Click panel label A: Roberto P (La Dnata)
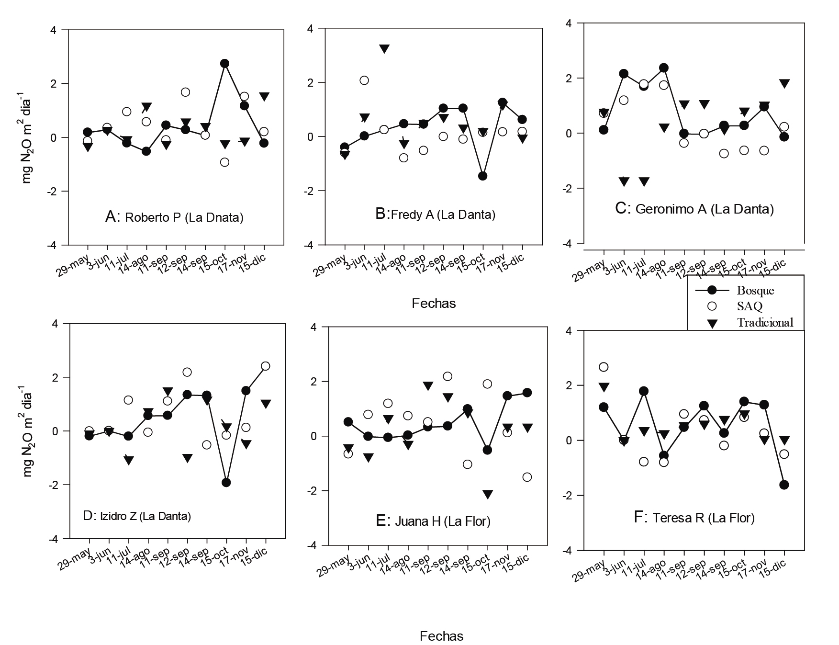pyautogui.click(x=174, y=217)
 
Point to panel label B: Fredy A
pyautogui.click(x=435, y=215)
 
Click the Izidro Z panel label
pyautogui.click(x=137, y=516)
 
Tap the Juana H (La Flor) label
pyautogui.click(x=433, y=521)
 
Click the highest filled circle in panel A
pyautogui.click(x=224, y=63)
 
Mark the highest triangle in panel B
pyautogui.click(x=384, y=48)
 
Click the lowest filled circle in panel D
pyautogui.click(x=226, y=482)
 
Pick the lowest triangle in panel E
pyautogui.click(x=487, y=495)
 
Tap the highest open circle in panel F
pyautogui.click(x=604, y=367)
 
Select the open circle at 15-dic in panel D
pyautogui.click(x=265, y=366)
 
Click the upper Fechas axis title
pyautogui.click(x=434, y=303)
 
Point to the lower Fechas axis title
pyautogui.click(x=441, y=636)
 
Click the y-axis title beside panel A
pyautogui.click(x=27, y=137)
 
